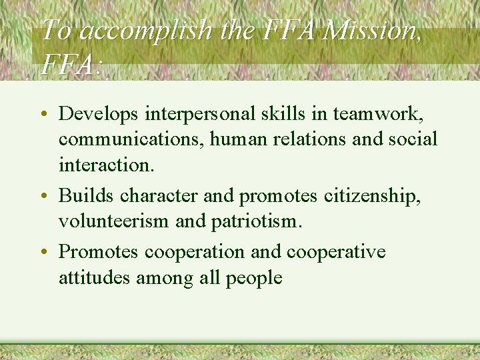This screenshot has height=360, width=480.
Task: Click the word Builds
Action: (x=80, y=196)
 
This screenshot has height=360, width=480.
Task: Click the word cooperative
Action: (x=336, y=253)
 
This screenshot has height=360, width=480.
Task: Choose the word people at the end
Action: (x=254, y=278)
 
